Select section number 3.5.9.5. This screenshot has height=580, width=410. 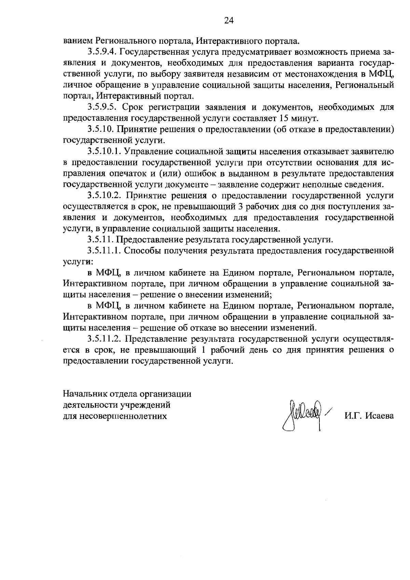[x=102, y=107]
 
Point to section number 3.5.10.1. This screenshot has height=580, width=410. [x=105, y=151]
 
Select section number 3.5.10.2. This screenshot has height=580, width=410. [x=105, y=196]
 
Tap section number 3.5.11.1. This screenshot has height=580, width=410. [x=105, y=251]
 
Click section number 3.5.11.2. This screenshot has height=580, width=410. [x=105, y=339]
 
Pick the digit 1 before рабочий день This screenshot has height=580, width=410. [x=204, y=350]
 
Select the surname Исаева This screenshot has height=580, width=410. [x=379, y=416]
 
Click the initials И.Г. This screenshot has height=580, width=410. [x=353, y=416]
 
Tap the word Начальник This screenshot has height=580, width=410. [x=83, y=394]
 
